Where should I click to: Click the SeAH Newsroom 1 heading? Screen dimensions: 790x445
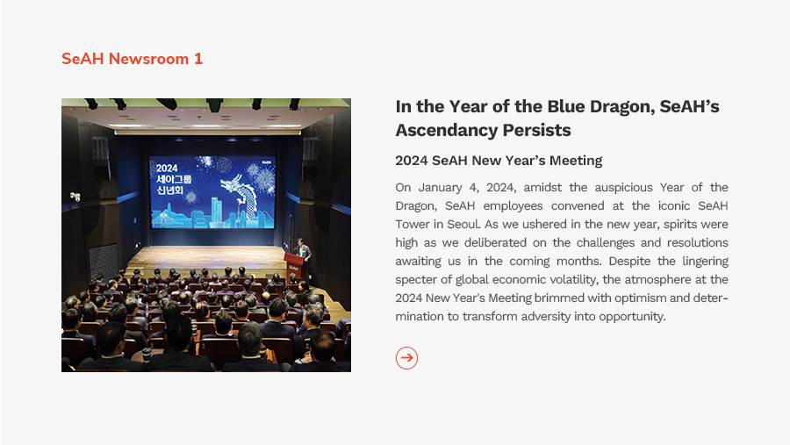pyautogui.click(x=132, y=59)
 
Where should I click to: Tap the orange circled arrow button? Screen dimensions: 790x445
pyautogui.click(x=406, y=358)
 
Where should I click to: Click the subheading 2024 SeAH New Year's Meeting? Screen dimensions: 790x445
pyautogui.click(x=499, y=161)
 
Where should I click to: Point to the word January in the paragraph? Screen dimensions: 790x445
pyautogui.click(x=440, y=188)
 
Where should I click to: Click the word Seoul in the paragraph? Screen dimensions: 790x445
pyautogui.click(x=463, y=224)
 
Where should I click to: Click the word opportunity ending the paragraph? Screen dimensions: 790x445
pyautogui.click(x=632, y=317)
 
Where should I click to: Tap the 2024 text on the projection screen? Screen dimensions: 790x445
pyautogui.click(x=167, y=169)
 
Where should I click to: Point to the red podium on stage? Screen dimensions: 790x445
pyautogui.click(x=295, y=267)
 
